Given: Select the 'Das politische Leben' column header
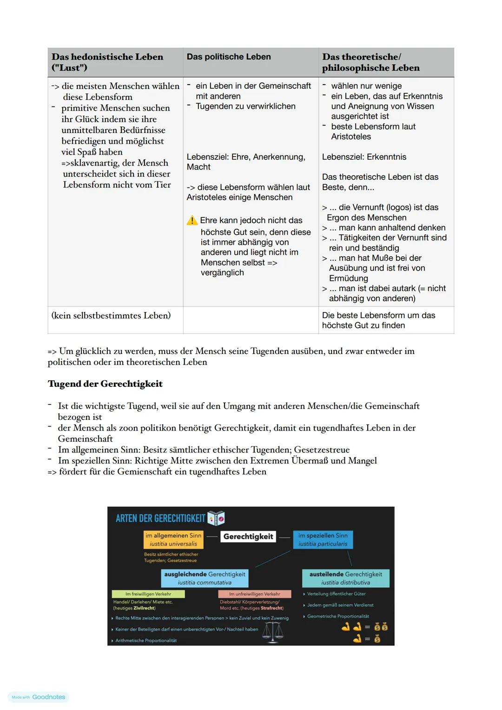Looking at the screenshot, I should point(229,57).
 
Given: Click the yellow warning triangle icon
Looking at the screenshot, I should point(192,220).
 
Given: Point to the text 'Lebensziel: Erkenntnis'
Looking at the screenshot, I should point(364,157).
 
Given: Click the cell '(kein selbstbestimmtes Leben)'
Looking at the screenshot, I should point(111,316).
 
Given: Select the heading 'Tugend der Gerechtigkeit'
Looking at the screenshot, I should point(105,384).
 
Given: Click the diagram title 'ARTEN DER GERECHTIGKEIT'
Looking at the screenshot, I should point(160,518).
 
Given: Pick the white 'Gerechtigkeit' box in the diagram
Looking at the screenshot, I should point(248,537).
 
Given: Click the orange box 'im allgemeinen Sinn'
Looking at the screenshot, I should point(173,539).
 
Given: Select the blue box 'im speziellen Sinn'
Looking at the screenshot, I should point(323,539).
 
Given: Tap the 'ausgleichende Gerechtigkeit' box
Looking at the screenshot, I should point(205,578).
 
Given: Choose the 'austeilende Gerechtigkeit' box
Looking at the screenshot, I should point(345,578).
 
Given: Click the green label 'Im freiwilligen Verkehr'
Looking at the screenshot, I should point(148,594).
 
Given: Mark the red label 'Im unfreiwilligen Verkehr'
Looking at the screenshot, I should point(254,594).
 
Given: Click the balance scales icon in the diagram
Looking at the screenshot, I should point(273,632).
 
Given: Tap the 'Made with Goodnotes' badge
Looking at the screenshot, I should point(39,697).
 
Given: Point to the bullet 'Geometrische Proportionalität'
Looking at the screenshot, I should point(338,616).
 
